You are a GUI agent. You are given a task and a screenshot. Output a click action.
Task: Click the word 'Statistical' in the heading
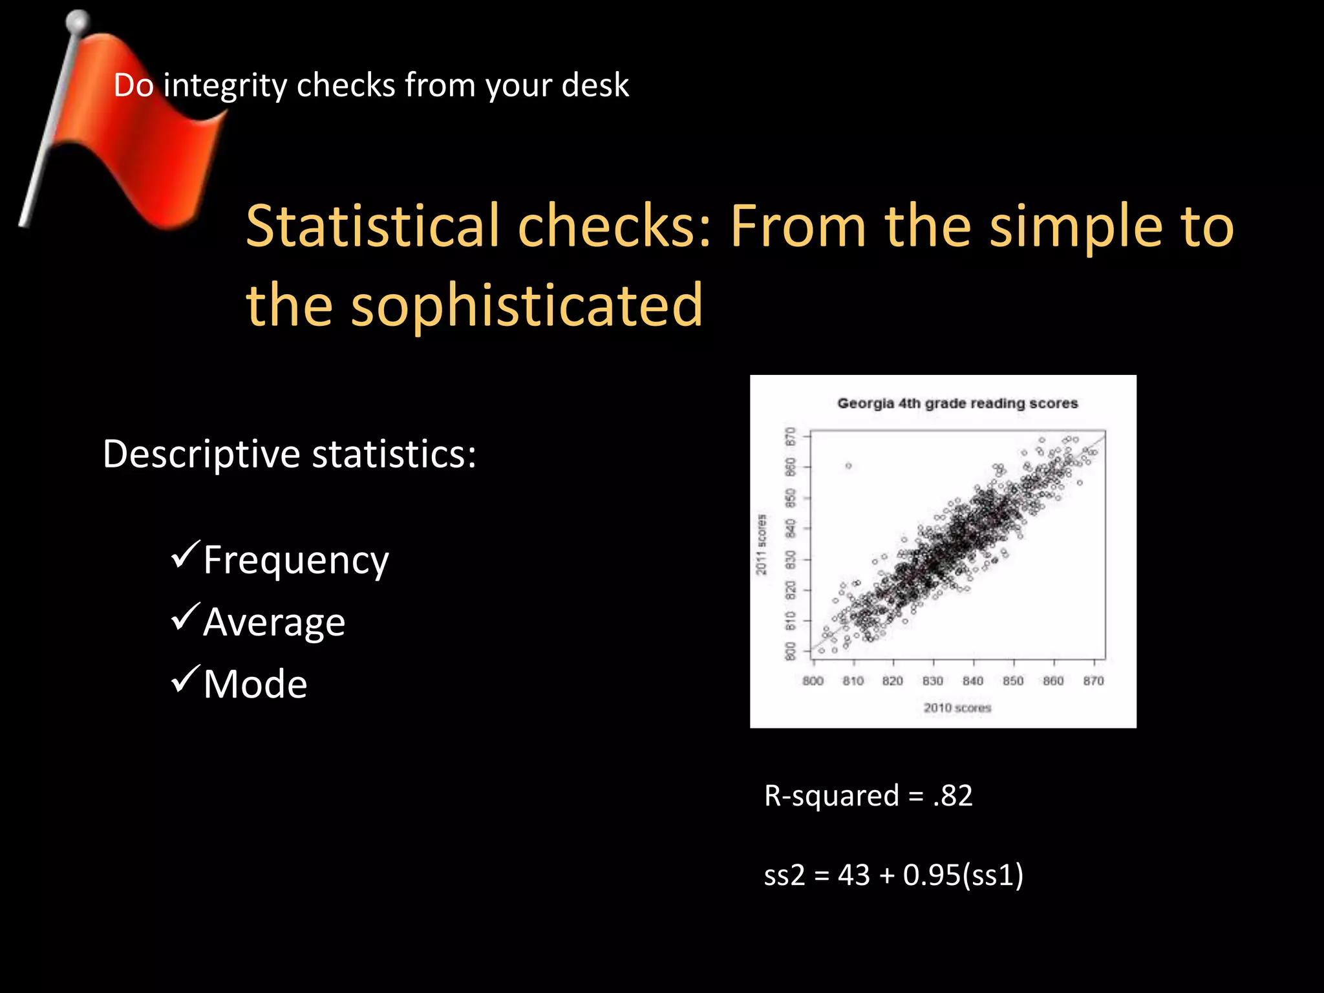373,226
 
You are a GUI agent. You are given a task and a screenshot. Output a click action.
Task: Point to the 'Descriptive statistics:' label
289,454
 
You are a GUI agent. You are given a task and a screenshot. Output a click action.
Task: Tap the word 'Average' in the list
274,622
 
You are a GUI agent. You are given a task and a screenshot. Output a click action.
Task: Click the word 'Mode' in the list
255,684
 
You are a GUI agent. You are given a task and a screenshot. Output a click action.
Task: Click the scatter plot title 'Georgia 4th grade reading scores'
957,403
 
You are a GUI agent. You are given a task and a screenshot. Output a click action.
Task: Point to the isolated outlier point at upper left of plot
848,465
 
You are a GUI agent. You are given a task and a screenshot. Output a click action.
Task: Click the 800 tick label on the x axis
813,681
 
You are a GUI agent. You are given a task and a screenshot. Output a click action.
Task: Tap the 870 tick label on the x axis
1094,681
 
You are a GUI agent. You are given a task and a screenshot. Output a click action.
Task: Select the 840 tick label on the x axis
973,681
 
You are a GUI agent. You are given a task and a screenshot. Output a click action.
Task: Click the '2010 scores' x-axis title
957,708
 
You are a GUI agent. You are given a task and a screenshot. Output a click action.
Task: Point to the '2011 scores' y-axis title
762,544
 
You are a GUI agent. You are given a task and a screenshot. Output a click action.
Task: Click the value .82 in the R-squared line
953,796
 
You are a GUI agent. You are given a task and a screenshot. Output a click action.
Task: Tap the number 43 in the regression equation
854,875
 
